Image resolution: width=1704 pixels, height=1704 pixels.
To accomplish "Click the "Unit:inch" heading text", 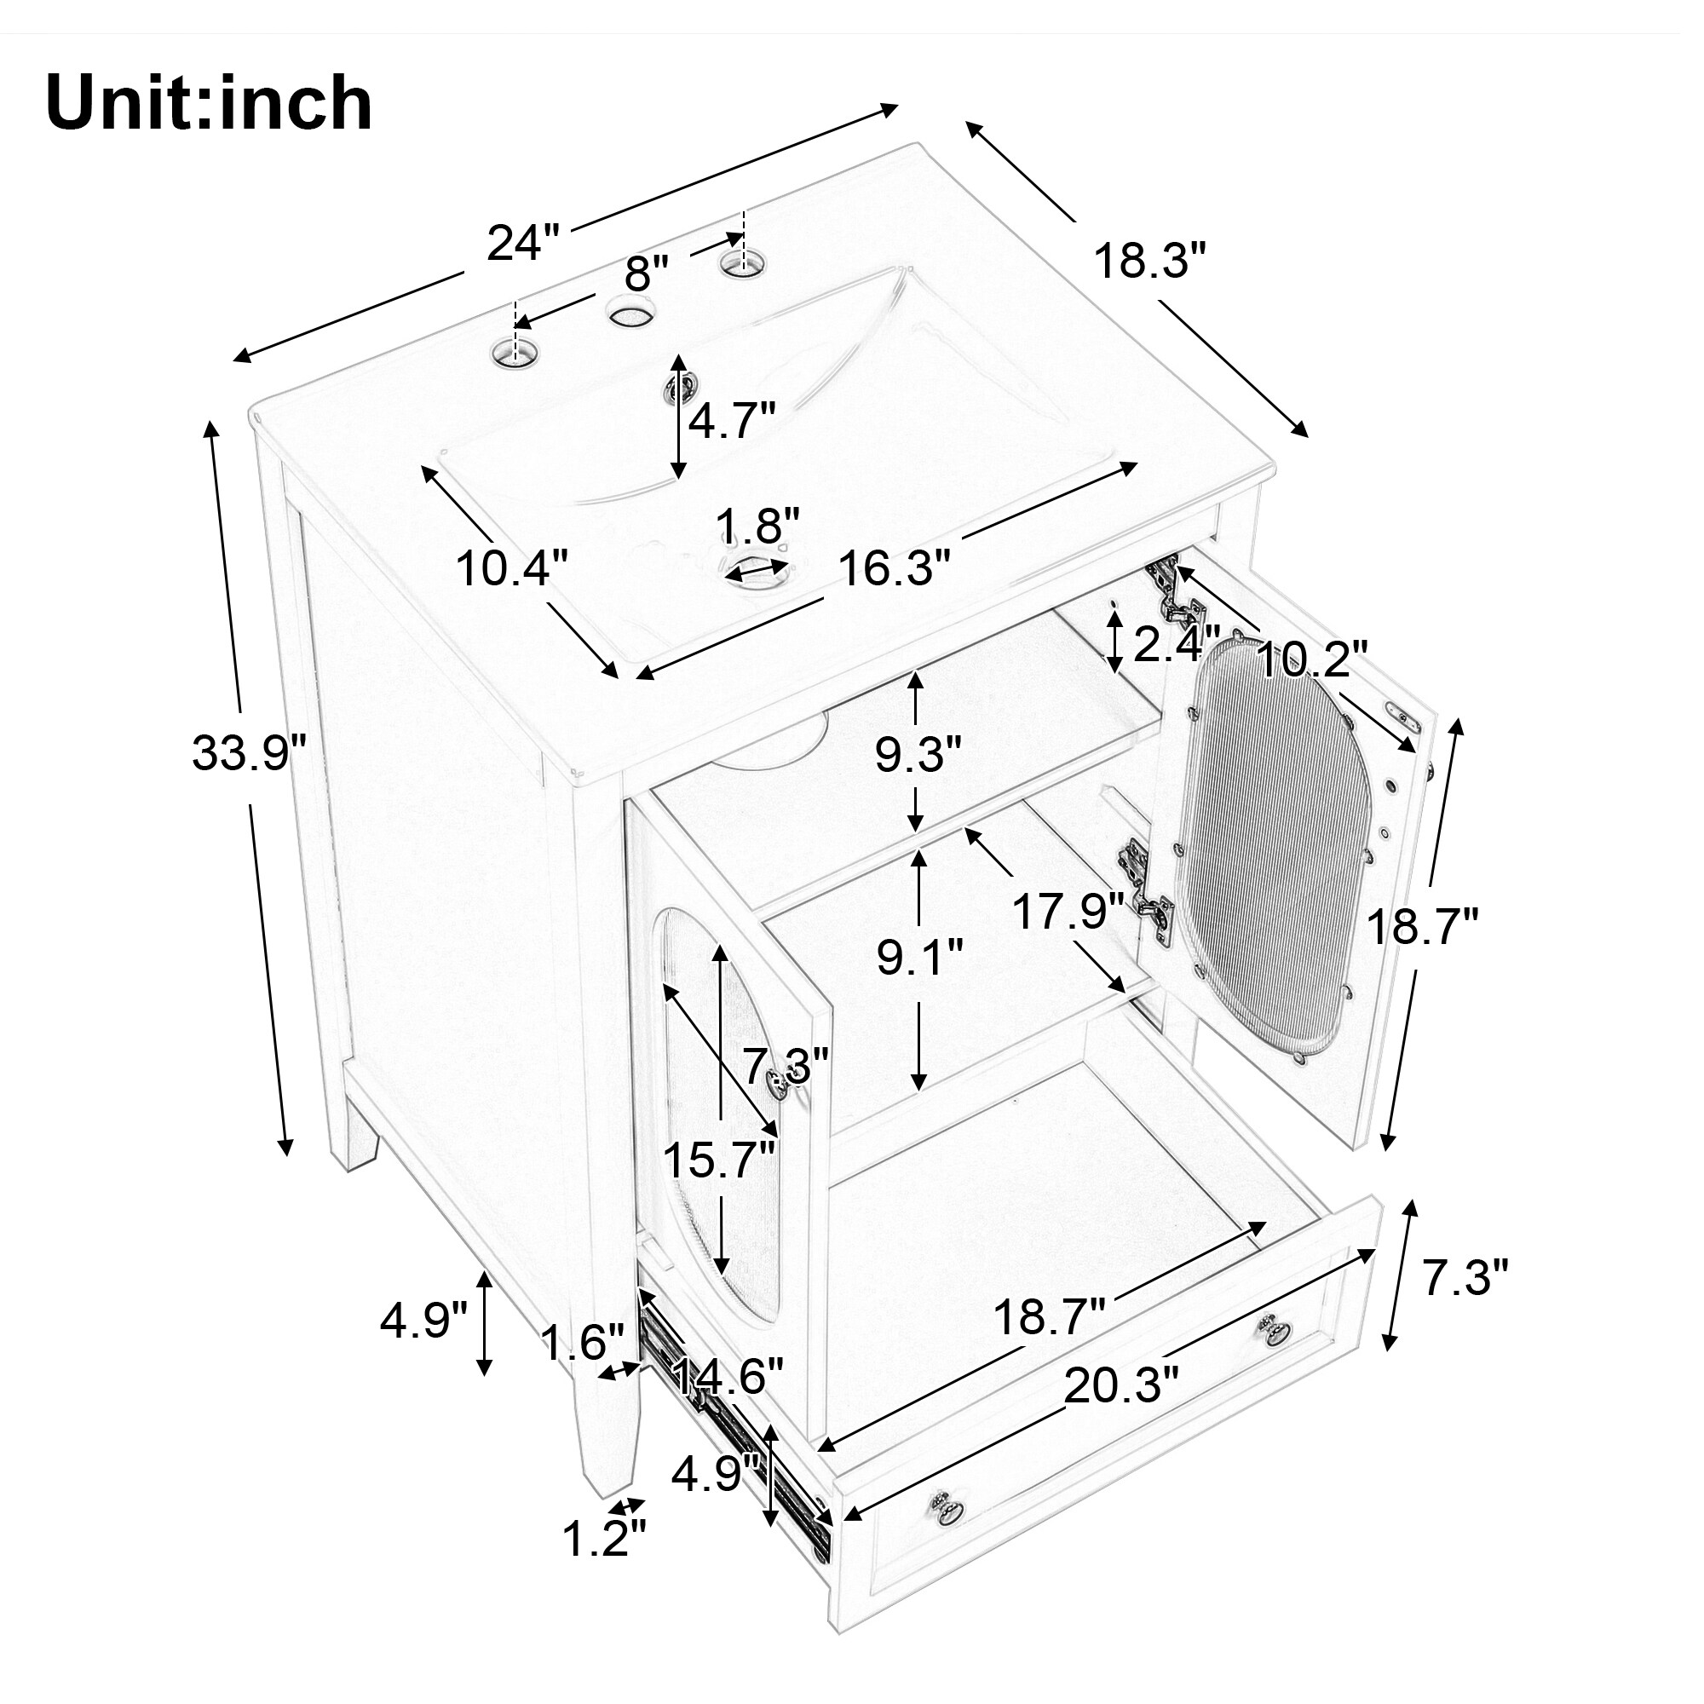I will tap(209, 104).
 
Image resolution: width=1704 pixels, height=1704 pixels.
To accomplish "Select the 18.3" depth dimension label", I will tap(1149, 261).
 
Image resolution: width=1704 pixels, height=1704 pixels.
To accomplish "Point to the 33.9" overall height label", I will tap(249, 752).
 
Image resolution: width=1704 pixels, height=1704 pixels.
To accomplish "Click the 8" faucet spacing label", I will tap(647, 273).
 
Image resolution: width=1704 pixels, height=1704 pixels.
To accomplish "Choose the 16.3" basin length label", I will tap(895, 567).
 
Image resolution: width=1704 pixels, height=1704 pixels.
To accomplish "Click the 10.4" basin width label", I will tap(512, 567).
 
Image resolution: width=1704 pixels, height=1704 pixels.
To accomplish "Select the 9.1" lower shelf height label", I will tap(920, 958).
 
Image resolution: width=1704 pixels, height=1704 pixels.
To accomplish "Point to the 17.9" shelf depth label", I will tap(1068, 911).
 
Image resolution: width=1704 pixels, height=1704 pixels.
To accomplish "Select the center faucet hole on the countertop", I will tap(630, 312).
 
